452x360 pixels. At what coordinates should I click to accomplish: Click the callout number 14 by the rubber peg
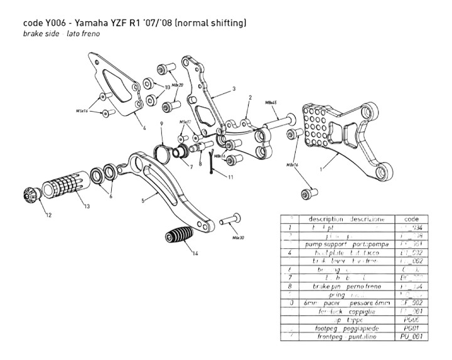click(x=196, y=254)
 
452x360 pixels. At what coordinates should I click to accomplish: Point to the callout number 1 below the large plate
click(x=321, y=169)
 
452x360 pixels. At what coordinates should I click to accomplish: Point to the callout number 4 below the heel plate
click(x=144, y=127)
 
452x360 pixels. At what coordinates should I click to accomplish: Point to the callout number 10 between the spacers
click(x=167, y=87)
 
